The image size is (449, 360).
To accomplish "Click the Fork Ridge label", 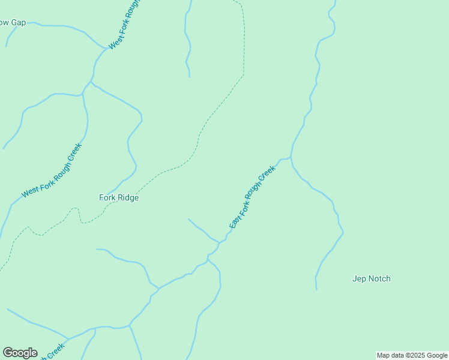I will click(x=119, y=197).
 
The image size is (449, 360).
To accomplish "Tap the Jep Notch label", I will click(x=371, y=278).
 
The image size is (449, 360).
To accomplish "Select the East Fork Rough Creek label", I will click(x=252, y=197).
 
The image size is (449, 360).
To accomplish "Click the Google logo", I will click(x=20, y=353).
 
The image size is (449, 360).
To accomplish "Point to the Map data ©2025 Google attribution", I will click(x=412, y=355).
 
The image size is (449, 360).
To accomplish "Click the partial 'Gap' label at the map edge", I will click(x=13, y=23).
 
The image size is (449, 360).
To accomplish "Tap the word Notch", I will click(x=379, y=278).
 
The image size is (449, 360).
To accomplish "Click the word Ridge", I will click(x=129, y=197).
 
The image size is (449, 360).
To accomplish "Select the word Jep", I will click(x=359, y=278).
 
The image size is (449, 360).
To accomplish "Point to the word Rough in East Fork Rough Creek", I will click(x=255, y=192).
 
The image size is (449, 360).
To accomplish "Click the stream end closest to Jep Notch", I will click(x=316, y=289).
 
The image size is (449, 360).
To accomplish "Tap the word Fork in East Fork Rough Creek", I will click(x=244, y=208).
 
